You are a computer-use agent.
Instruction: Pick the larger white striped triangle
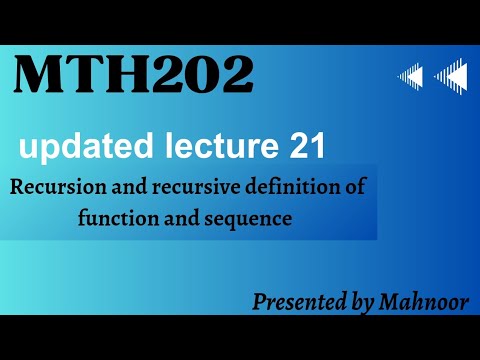(450, 75)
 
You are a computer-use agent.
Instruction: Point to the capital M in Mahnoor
(388, 301)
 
